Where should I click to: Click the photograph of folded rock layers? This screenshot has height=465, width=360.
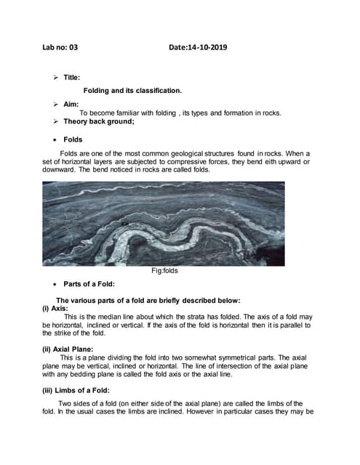[164, 223]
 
